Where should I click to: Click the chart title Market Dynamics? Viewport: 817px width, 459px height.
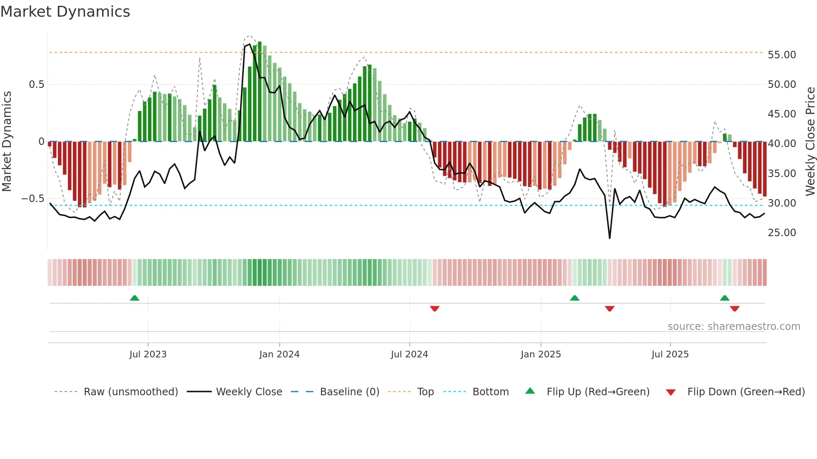point(65,12)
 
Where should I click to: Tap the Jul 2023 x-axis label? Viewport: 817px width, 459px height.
point(148,354)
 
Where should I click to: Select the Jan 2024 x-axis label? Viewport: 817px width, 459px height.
point(279,354)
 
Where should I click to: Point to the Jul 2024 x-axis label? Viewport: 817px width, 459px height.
point(409,354)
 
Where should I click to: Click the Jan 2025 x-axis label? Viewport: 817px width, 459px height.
point(540,354)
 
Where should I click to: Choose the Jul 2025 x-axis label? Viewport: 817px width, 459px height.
point(670,354)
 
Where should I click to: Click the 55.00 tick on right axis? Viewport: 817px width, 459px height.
point(782,55)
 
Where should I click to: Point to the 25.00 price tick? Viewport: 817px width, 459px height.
point(782,233)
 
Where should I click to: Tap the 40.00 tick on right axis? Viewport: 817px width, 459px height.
point(782,144)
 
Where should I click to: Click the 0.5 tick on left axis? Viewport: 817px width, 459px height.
point(36,85)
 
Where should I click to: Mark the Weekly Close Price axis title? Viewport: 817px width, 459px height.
point(810,142)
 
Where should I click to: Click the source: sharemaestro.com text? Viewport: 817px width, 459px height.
point(734,327)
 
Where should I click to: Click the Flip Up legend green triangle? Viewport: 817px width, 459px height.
point(530,391)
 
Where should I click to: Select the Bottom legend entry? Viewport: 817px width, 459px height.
point(490,392)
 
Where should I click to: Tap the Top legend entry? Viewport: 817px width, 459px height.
point(425,392)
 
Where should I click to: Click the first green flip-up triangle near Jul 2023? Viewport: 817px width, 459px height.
point(134,298)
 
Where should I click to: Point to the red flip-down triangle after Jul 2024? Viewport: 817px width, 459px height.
point(434,309)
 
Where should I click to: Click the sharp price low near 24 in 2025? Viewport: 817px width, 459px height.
point(609,238)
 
